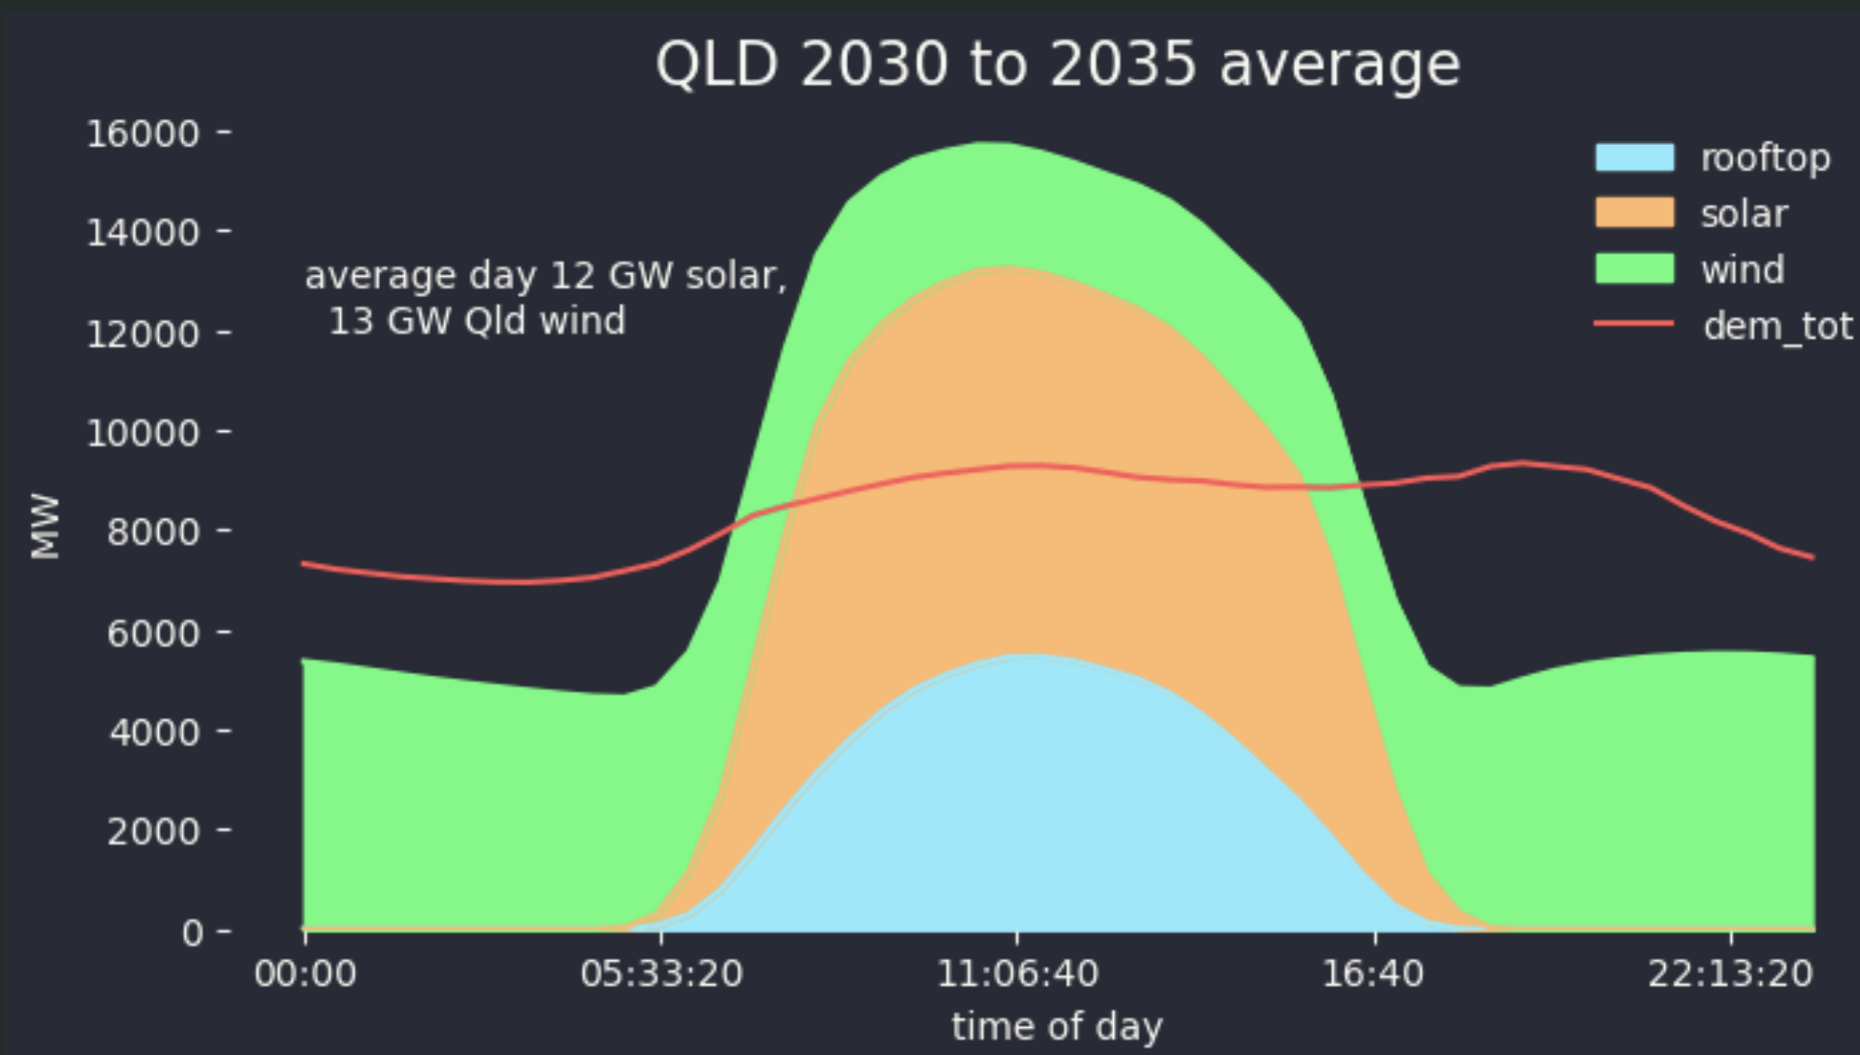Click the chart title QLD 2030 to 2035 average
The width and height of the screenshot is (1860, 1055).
click(x=1057, y=65)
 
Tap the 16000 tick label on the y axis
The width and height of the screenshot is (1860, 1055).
click(x=143, y=134)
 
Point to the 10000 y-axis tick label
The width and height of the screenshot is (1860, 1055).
click(x=143, y=434)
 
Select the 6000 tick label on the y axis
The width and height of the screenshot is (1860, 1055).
click(x=153, y=633)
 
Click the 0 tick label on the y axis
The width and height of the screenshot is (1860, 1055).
click(x=192, y=931)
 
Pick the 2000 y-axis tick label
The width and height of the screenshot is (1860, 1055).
click(x=153, y=831)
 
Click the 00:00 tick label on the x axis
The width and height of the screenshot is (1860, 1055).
click(x=305, y=974)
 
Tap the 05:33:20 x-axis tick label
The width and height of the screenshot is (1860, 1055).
click(x=661, y=974)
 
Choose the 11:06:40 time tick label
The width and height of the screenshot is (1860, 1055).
click(x=1017, y=974)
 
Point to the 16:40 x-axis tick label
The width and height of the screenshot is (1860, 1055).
click(x=1373, y=974)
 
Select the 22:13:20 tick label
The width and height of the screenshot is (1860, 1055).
click(x=1730, y=974)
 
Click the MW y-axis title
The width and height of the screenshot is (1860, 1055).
click(x=46, y=527)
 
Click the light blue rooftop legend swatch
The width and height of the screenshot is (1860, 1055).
click(x=1634, y=158)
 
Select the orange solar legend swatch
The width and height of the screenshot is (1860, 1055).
click(x=1634, y=214)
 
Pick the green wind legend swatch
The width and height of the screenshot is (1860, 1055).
click(x=1634, y=269)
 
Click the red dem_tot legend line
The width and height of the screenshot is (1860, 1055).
click(x=1634, y=324)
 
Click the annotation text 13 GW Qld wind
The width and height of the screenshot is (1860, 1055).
click(x=478, y=321)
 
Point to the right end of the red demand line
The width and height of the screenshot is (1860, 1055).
click(x=1812, y=557)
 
